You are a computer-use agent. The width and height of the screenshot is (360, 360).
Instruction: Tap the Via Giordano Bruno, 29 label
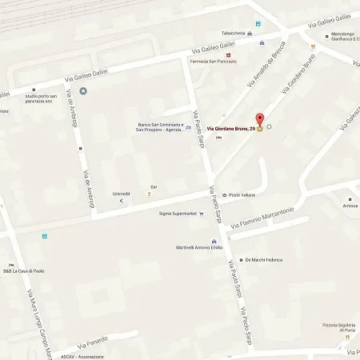231,129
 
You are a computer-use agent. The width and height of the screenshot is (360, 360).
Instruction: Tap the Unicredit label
121,194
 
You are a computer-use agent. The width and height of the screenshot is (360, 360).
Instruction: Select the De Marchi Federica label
265,260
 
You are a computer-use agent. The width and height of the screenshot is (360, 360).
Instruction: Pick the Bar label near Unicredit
154,186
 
